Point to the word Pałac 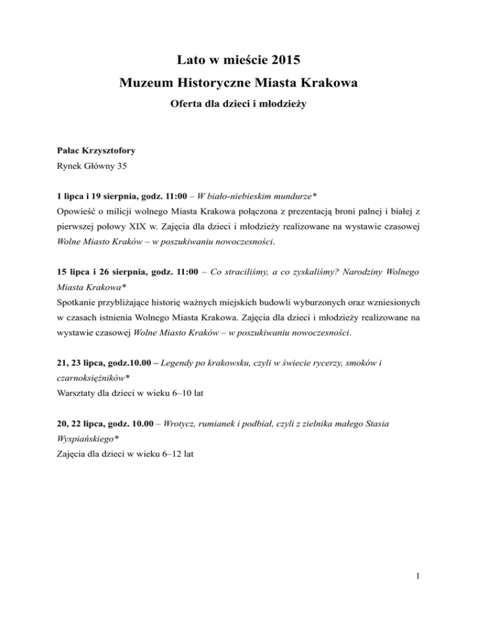tap(65, 150)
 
